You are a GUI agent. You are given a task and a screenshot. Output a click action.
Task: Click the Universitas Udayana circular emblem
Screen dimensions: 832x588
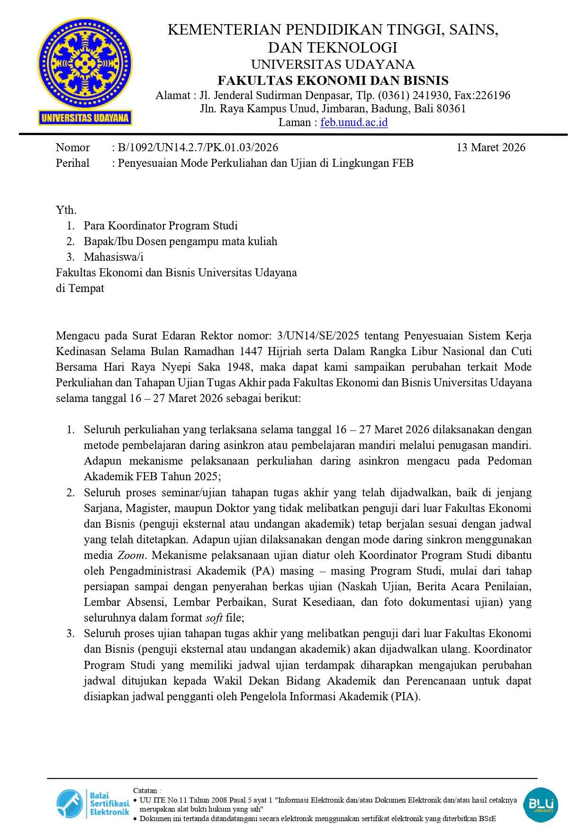(85, 62)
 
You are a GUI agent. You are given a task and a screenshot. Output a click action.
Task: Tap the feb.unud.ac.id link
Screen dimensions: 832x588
(354, 122)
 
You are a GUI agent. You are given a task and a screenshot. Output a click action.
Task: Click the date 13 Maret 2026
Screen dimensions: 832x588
(491, 147)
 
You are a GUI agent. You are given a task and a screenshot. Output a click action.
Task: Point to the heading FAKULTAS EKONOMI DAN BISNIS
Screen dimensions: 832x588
(333, 80)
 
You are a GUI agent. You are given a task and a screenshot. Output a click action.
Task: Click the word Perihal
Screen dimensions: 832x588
(72, 163)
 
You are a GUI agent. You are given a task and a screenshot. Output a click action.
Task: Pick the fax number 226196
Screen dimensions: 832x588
(492, 95)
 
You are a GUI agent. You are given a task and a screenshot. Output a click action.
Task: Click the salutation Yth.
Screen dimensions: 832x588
(66, 210)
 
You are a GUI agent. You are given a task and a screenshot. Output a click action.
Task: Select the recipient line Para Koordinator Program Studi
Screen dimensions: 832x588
(161, 226)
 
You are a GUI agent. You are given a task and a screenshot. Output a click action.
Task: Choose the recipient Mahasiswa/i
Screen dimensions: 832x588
(113, 257)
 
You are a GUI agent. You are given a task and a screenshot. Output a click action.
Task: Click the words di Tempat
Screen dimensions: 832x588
(80, 288)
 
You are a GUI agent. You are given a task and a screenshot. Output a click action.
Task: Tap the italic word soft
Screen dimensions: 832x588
(214, 618)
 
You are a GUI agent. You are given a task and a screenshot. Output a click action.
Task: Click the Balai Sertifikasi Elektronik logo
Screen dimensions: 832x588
(93, 804)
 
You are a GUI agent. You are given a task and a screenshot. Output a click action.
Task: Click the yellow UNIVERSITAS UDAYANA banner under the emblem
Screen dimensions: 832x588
(85, 118)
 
